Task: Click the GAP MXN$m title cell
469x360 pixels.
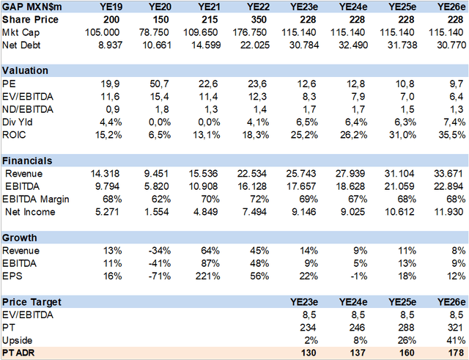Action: tap(32, 7)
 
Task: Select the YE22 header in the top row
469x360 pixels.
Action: tap(259, 7)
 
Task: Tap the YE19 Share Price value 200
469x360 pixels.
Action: tap(111, 20)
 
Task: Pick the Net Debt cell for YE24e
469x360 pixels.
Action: tap(353, 45)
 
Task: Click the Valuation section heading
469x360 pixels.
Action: tap(25, 70)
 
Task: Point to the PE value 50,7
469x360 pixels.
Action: tap(160, 84)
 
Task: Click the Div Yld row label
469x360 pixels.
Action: tap(18, 122)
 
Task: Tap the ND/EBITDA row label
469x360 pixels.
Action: tap(28, 109)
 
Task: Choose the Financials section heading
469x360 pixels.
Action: tap(27, 161)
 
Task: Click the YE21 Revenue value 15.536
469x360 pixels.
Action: tap(204, 174)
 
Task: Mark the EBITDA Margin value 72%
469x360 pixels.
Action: tap(259, 199)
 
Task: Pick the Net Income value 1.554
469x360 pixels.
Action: tap(157, 212)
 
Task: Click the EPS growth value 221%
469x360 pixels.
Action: tap(208, 276)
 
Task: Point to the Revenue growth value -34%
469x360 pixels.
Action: tap(160, 251)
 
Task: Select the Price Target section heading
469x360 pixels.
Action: tap(32, 302)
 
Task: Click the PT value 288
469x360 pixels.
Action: tap(406, 328)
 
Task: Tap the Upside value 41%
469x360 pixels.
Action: tap(456, 340)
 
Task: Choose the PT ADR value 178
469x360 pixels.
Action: tap(456, 353)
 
